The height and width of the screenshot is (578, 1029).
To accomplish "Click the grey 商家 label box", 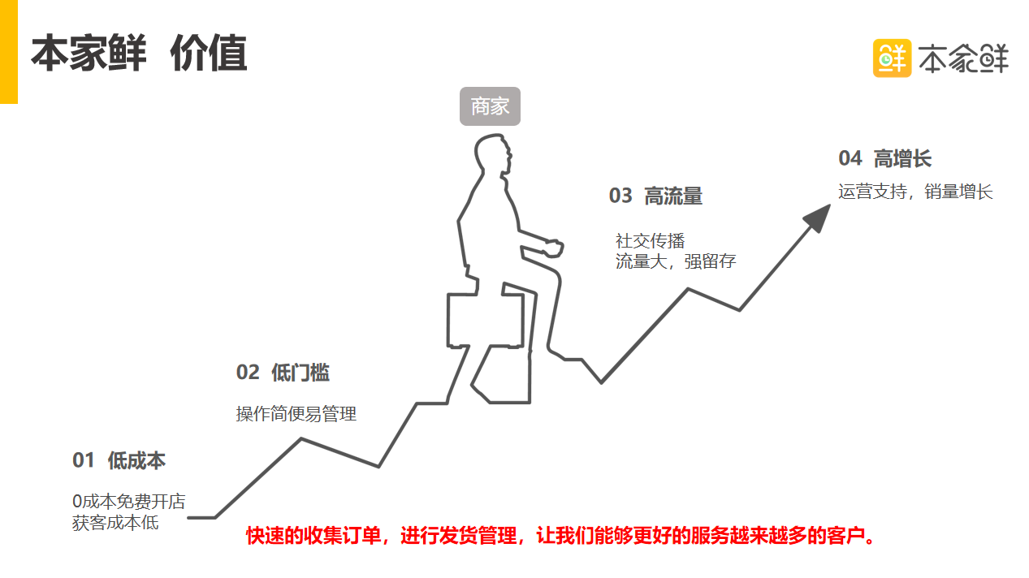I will click(x=490, y=106).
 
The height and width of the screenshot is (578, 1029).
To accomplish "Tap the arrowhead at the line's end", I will click(x=817, y=217).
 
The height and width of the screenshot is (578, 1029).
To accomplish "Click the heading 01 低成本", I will click(x=119, y=460).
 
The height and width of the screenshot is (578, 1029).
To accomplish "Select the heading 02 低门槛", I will click(x=283, y=373).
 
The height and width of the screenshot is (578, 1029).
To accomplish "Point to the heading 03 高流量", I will click(x=655, y=196).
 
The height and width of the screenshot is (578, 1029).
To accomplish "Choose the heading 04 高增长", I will click(x=884, y=158).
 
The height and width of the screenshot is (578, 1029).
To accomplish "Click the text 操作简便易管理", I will click(x=296, y=414).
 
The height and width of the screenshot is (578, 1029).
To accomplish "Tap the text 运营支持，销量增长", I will click(x=915, y=192).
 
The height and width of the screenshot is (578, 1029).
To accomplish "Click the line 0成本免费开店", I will click(x=128, y=502).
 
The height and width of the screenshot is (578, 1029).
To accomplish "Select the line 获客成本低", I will click(x=115, y=523).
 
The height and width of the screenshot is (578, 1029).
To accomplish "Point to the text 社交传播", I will click(x=650, y=241).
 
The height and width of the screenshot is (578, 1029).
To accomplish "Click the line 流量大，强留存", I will click(x=676, y=261).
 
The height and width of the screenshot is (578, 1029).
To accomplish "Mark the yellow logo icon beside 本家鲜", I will click(x=892, y=58).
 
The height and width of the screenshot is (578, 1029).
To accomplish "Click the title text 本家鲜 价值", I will click(x=139, y=54).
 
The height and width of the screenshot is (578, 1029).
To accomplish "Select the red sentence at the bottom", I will click(x=560, y=536).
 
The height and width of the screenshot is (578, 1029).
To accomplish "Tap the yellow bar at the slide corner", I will click(x=8, y=51).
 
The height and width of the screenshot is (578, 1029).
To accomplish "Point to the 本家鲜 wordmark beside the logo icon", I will click(x=963, y=58).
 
